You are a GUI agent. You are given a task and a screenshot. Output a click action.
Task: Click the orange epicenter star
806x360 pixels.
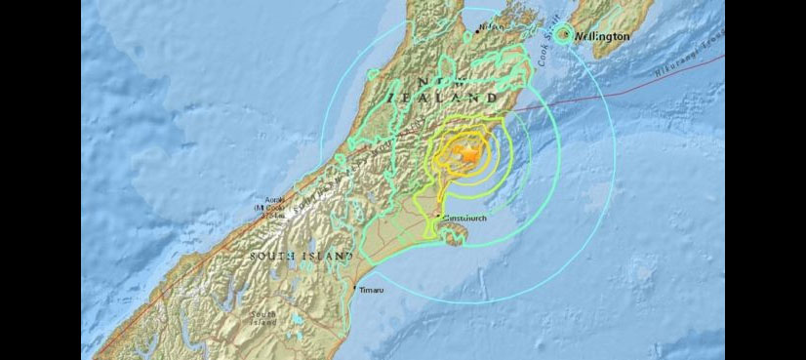coord(469,154)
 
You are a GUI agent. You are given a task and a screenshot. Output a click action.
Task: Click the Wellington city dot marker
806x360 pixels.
coord(566,35)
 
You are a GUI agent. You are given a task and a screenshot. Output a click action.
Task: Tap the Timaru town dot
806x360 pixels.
coord(354,290)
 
